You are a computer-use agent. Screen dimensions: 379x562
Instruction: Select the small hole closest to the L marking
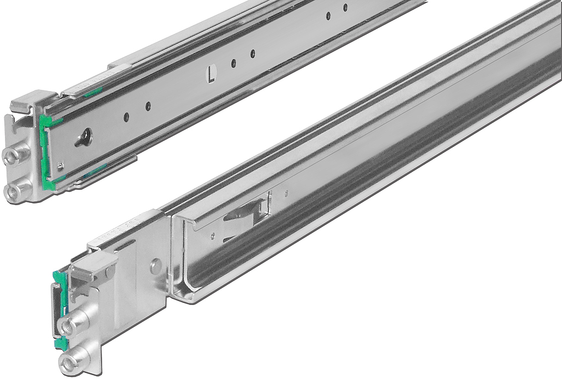point(233,63)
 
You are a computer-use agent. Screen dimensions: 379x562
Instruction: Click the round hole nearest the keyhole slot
point(126,116)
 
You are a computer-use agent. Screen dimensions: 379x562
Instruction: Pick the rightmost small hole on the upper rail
point(345,8)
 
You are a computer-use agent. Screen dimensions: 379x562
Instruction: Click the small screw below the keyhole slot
point(61,164)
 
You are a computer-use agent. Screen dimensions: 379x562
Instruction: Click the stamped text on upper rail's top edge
point(88,86)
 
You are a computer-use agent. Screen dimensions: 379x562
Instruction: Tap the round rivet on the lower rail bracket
point(156,267)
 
